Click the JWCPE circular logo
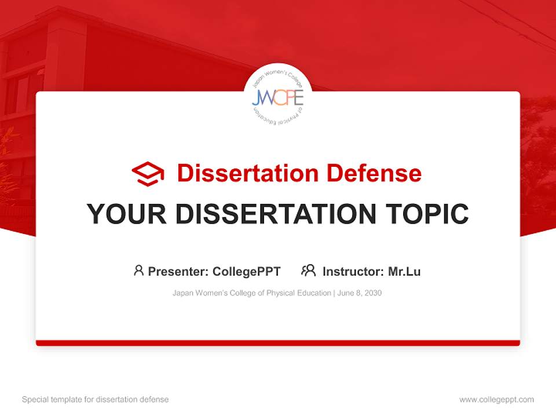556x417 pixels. pyautogui.click(x=277, y=97)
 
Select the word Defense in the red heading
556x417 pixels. pyautogui.click(x=374, y=173)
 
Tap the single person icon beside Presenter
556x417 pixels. pyautogui.click(x=138, y=270)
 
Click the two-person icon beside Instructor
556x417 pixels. pyautogui.click(x=309, y=270)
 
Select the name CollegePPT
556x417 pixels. pyautogui.click(x=247, y=271)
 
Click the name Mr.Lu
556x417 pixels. pyautogui.click(x=404, y=271)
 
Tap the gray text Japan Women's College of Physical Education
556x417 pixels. pyautogui.click(x=251, y=293)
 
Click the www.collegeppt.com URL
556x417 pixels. pyautogui.click(x=496, y=400)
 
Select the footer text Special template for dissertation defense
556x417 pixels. pyautogui.click(x=95, y=400)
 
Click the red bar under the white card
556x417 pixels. pyautogui.click(x=278, y=343)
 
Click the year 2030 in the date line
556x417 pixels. pyautogui.click(x=373, y=293)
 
